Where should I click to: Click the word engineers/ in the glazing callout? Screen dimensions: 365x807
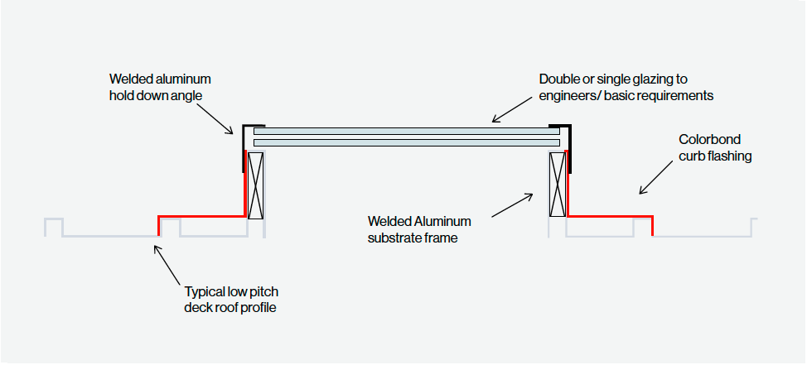tap(570, 96)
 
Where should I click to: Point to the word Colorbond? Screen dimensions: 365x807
tap(709, 139)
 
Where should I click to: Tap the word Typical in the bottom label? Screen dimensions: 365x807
tap(205, 292)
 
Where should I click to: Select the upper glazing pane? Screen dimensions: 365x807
tap(406, 131)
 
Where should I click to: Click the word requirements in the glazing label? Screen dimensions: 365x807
tap(676, 96)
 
